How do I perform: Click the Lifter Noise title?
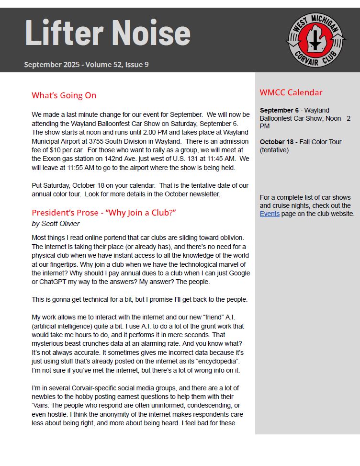[x=107, y=33]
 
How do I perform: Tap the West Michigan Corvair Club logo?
[x=315, y=40]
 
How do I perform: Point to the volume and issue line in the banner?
[x=86, y=64]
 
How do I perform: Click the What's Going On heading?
[x=64, y=95]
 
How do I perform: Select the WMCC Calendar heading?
[x=291, y=92]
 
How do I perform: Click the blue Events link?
[x=270, y=214]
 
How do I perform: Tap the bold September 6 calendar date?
[x=279, y=110]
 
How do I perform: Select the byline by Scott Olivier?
[x=56, y=224]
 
